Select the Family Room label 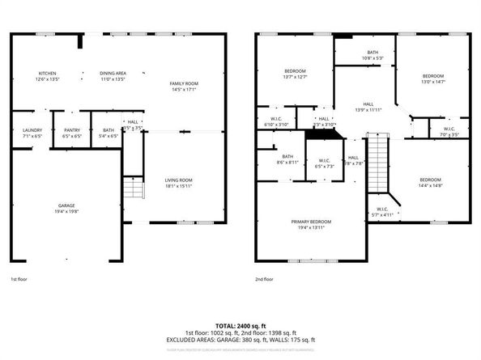(x=184, y=87)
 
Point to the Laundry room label (x=32, y=133)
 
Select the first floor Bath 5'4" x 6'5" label (x=108, y=133)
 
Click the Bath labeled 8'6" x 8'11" (x=287, y=159)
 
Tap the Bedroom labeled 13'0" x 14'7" (x=433, y=78)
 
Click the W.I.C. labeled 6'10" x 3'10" (x=277, y=122)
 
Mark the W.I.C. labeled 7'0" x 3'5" (x=449, y=132)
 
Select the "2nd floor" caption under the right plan (x=265, y=279)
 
